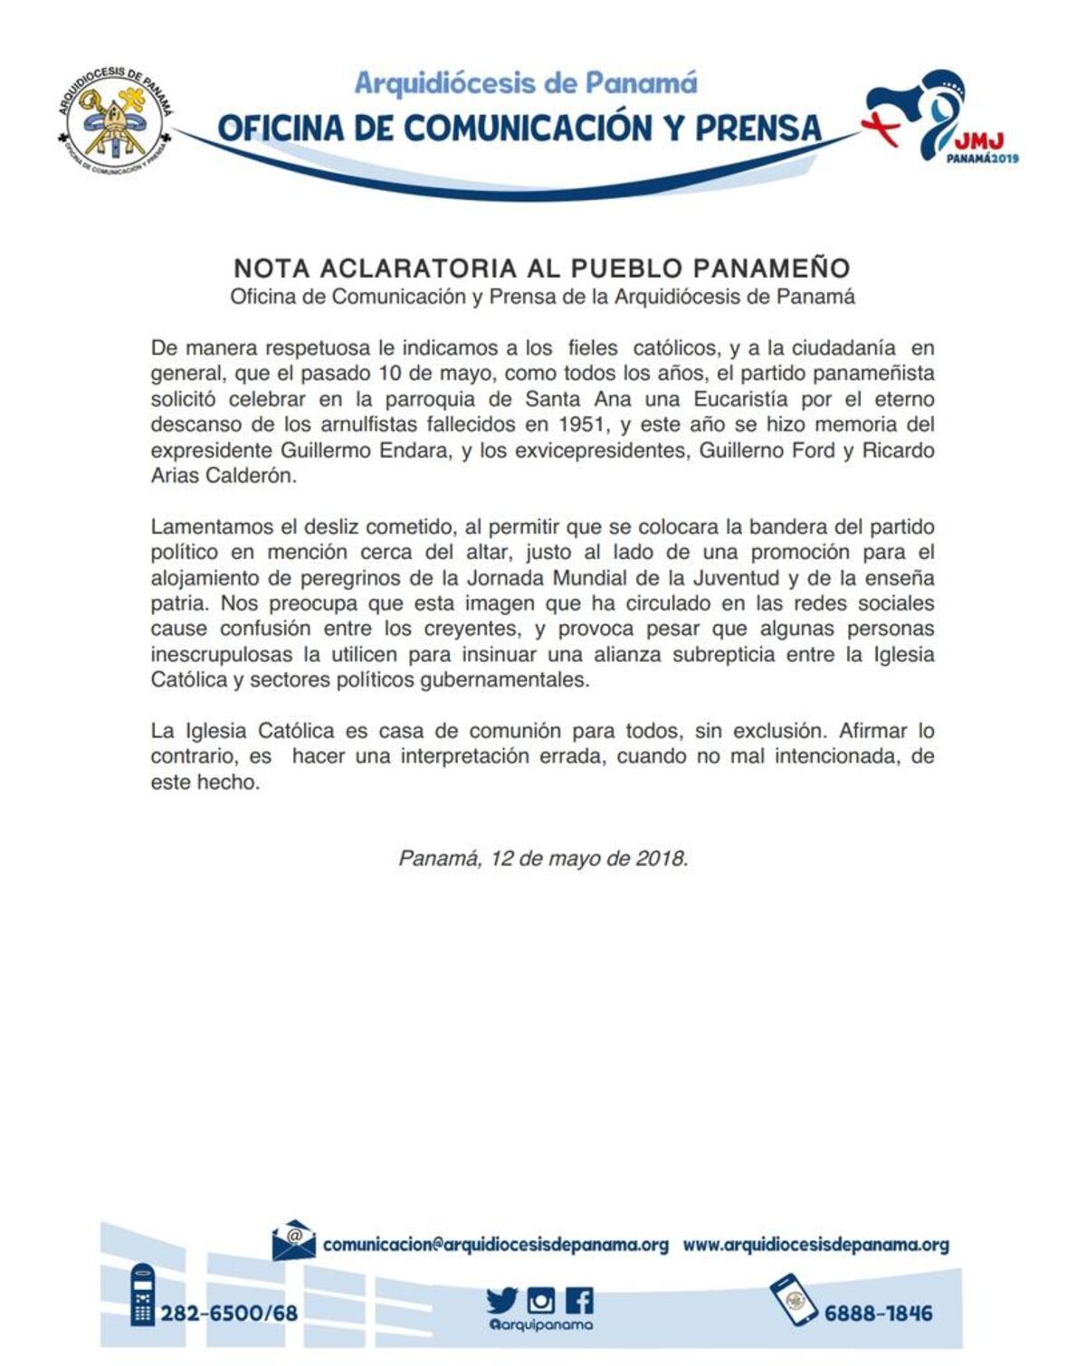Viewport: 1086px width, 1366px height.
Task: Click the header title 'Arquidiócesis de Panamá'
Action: [x=526, y=83]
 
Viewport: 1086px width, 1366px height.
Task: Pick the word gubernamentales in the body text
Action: [x=504, y=679]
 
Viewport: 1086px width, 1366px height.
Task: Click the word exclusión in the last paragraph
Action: [x=777, y=730]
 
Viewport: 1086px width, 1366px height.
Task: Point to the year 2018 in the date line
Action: [x=661, y=858]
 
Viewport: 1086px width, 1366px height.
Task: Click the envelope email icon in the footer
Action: [x=294, y=1241]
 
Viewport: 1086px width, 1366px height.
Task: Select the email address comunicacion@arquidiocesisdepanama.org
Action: [x=495, y=1245]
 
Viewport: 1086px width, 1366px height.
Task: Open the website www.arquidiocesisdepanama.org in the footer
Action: [x=815, y=1245]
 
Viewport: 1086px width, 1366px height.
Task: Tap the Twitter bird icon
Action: [x=501, y=1301]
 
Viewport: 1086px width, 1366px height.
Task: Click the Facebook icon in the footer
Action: [x=579, y=1301]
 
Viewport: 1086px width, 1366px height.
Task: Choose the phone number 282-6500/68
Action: [x=229, y=1313]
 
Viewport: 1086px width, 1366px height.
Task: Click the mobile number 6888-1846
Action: [x=878, y=1313]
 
